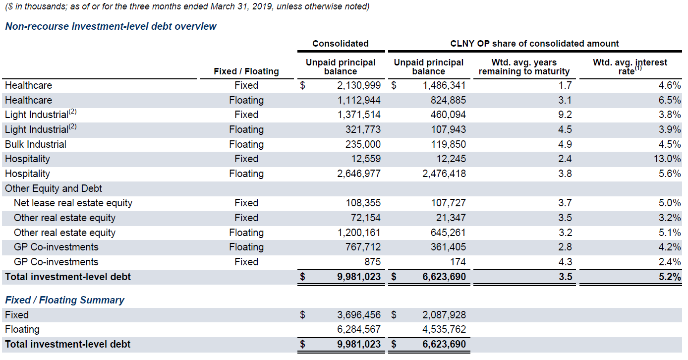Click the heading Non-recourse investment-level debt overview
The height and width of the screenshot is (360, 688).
111,26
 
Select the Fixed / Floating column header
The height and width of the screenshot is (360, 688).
246,71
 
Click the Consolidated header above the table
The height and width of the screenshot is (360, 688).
340,44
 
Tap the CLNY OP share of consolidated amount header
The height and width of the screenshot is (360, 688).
534,44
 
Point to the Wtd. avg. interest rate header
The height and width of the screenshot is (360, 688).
630,66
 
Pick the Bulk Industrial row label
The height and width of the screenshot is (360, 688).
36,144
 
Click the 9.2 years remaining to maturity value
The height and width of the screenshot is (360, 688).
565,115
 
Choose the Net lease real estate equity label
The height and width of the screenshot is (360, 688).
73,203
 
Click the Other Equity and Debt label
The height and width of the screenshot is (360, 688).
54,188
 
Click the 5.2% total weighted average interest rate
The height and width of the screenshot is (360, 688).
670,277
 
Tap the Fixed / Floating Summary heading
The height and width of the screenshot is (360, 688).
64,300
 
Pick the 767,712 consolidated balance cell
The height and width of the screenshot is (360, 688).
363,247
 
